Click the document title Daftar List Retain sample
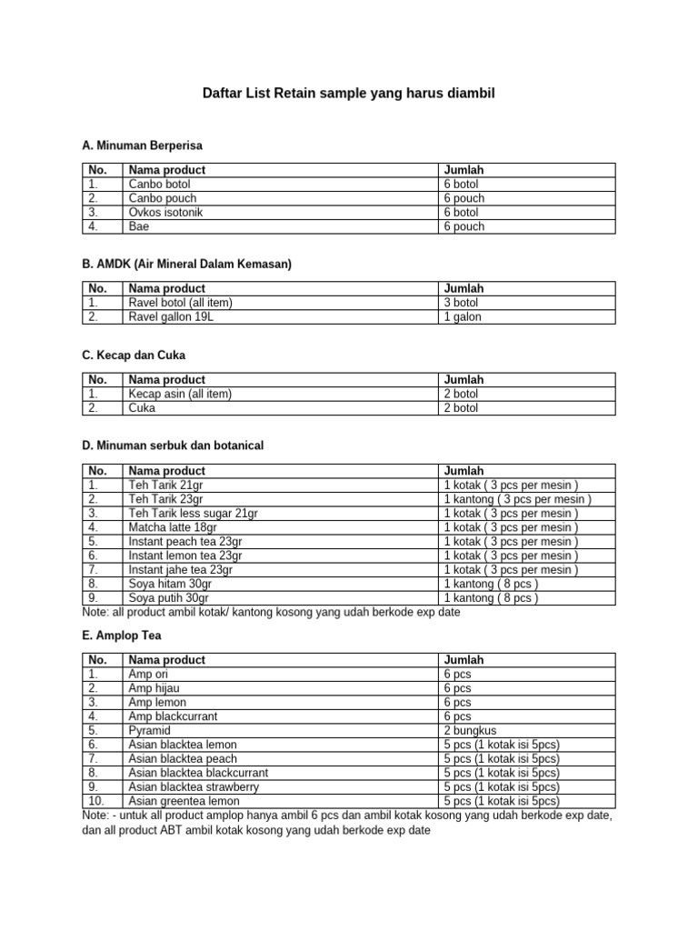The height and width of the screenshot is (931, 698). pos(348,94)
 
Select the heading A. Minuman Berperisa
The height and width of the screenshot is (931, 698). pos(142,145)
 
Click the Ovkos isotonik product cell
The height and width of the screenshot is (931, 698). pos(165,212)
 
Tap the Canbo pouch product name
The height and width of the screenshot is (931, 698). pos(163,198)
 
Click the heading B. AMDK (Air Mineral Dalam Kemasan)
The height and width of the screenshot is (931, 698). pos(186,265)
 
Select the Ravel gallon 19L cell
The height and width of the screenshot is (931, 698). pos(172,317)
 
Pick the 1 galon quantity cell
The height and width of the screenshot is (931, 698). pos(463,317)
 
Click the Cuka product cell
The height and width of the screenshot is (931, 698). pos(142,408)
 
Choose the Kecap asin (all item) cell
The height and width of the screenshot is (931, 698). pos(180,394)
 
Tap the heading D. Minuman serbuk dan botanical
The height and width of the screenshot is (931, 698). pos(173,445)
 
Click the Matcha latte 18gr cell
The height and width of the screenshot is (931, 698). pos(173,527)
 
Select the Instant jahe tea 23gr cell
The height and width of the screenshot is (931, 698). pos(181,570)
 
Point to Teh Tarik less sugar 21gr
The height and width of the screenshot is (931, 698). pos(193,514)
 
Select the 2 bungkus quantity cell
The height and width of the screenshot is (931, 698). pos(471,730)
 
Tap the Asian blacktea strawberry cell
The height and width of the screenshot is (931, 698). pos(194,786)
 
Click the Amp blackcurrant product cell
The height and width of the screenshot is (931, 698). pos(173,716)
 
